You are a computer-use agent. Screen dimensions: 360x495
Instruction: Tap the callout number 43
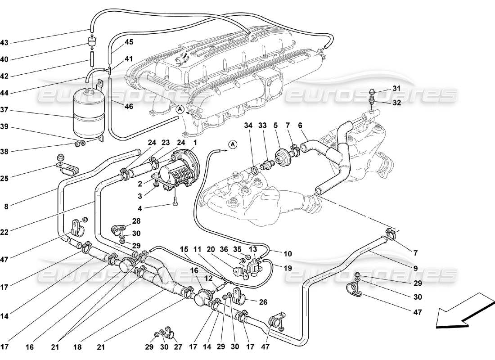click(4, 43)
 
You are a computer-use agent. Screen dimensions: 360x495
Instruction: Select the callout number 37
click(4, 110)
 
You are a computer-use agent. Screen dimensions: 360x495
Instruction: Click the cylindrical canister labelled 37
click(88, 112)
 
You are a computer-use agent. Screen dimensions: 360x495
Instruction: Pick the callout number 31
click(396, 88)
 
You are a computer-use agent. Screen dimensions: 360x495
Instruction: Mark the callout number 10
click(288, 254)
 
